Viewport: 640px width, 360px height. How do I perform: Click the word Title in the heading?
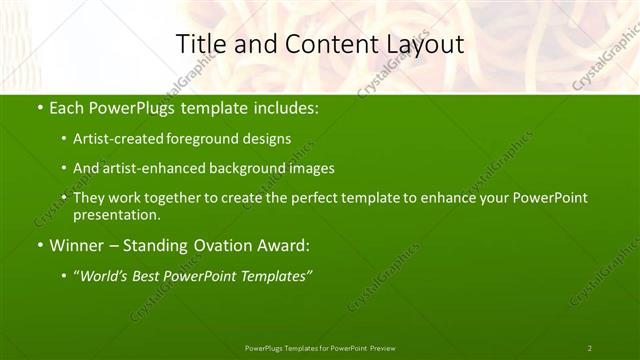tap(198, 44)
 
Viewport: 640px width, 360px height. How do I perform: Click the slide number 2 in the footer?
tap(590, 348)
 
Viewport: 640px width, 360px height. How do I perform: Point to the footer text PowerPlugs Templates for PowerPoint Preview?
tap(320, 348)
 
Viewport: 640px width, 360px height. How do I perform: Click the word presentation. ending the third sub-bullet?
tap(116, 214)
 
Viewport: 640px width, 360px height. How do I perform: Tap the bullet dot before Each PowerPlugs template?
tap(39, 107)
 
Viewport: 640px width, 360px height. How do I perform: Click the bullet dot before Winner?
tap(39, 244)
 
